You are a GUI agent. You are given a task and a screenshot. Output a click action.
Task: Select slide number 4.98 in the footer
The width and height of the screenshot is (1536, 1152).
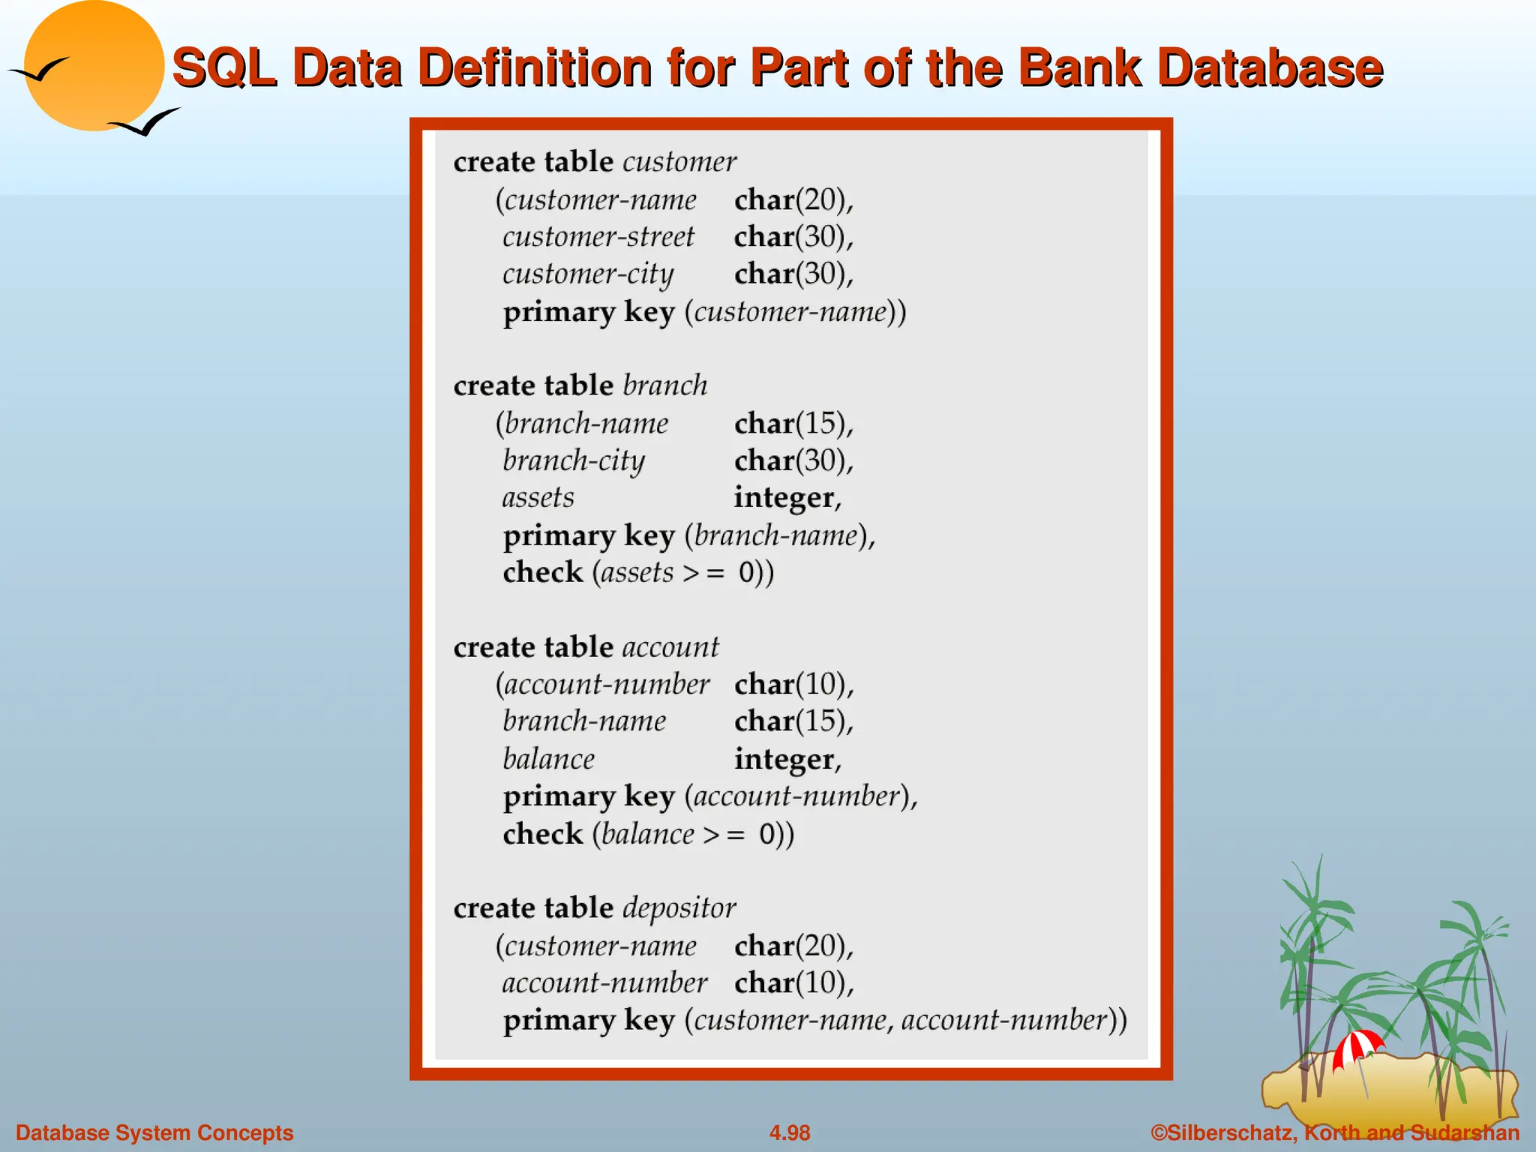(x=790, y=1132)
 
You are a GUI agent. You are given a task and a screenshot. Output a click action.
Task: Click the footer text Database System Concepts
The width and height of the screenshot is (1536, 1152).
(x=154, y=1132)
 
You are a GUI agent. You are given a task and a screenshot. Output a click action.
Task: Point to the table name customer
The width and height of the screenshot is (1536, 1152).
(x=679, y=162)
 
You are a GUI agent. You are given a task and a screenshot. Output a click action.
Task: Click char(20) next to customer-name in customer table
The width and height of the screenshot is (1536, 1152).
(x=793, y=200)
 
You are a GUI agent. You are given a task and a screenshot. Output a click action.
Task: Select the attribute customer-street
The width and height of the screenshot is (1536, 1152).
(x=598, y=237)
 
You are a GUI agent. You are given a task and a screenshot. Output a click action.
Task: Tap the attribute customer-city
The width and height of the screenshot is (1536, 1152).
(x=588, y=274)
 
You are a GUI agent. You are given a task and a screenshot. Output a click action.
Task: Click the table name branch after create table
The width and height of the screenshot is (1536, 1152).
(x=664, y=385)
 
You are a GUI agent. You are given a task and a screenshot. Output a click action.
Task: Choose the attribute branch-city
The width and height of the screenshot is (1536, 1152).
(x=574, y=461)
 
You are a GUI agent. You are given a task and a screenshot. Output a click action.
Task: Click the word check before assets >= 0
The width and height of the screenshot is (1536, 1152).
(x=542, y=572)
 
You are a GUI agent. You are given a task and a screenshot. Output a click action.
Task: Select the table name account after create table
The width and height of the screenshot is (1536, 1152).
(x=670, y=647)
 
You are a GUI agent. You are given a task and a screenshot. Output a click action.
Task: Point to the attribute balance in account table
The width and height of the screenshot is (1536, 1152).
(x=548, y=759)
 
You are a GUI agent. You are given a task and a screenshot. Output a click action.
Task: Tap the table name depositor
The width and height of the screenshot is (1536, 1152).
(x=679, y=908)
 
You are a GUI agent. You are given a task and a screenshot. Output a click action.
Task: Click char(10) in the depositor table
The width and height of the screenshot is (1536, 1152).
(x=793, y=983)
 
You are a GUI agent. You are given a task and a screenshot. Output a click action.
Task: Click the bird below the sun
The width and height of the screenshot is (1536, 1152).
(x=146, y=123)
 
